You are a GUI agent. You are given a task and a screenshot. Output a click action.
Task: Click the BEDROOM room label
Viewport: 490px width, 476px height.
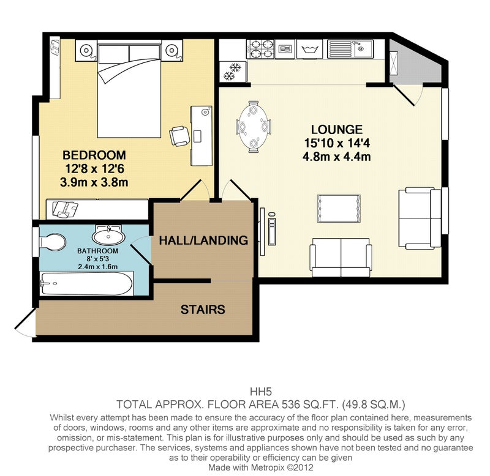(94, 155)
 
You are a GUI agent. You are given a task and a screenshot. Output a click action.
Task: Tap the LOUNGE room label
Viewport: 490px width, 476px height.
(336, 129)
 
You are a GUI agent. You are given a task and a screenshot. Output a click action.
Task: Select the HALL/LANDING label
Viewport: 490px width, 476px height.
(203, 240)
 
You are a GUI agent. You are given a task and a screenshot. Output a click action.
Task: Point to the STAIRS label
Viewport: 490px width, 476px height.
(203, 310)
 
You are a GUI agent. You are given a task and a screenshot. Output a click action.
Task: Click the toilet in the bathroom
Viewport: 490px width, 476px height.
(53, 242)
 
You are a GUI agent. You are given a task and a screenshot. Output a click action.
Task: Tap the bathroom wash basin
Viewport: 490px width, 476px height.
(108, 236)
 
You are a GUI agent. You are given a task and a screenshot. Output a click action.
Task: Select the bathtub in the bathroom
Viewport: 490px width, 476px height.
(86, 284)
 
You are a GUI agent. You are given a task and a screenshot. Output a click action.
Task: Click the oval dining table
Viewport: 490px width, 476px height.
(254, 127)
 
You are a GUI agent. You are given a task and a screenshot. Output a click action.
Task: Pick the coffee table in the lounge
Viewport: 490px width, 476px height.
(339, 209)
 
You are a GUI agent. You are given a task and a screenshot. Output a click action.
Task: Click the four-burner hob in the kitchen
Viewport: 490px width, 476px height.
(260, 49)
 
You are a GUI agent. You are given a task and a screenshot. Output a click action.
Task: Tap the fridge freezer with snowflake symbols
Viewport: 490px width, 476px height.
(233, 72)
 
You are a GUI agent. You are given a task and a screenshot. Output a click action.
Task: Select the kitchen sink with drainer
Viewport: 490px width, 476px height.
(350, 49)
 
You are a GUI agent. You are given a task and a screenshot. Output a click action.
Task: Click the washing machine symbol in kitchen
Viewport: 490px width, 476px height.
(310, 49)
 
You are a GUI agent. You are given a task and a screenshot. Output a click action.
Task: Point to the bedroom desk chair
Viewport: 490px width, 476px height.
(179, 136)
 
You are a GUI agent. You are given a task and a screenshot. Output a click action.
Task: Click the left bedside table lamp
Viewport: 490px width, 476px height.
(86, 51)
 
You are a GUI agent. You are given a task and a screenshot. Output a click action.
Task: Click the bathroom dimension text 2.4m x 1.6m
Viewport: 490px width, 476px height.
(98, 267)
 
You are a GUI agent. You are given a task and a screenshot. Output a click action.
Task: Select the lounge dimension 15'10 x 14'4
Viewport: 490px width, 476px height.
(337, 143)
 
